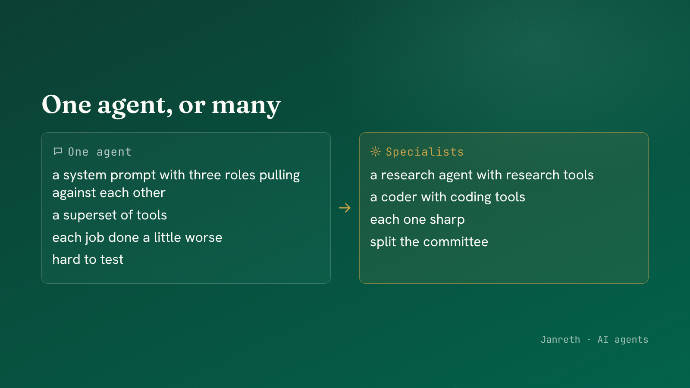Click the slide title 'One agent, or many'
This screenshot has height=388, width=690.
point(161,105)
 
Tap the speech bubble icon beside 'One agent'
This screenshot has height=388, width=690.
point(58,151)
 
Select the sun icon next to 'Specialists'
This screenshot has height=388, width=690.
point(376,151)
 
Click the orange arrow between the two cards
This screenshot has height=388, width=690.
point(345,208)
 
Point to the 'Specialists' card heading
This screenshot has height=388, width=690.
point(424,152)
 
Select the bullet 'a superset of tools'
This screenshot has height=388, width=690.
point(110,215)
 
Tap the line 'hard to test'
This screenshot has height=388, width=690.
point(88,260)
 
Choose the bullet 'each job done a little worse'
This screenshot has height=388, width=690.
point(138,238)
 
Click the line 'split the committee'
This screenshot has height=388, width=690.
point(429,242)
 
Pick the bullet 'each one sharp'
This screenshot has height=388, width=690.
point(417,220)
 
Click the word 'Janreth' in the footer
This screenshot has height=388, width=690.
point(560,340)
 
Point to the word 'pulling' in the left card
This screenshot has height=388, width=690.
point(279,175)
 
